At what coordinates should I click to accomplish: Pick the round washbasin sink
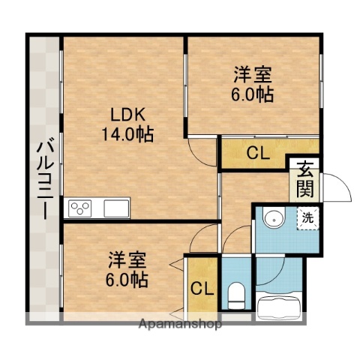(x=274, y=220)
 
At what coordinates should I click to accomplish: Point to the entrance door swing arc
(x=339, y=187)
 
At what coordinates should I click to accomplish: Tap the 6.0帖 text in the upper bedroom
(x=252, y=94)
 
